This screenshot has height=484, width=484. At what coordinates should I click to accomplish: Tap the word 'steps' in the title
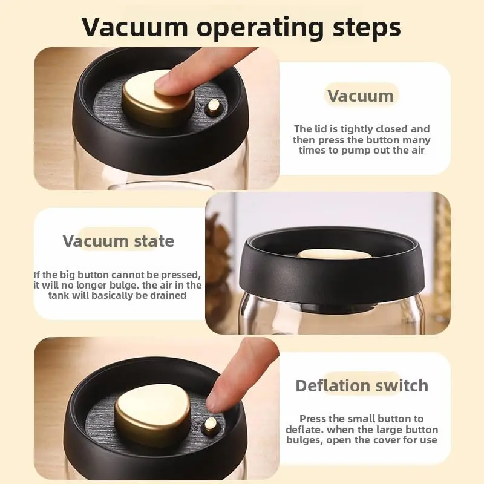(367, 28)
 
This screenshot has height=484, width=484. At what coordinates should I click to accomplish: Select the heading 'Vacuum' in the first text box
(361, 96)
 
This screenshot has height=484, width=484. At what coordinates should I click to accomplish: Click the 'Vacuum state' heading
(118, 241)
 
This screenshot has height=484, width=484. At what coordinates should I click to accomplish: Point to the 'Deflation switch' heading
(362, 385)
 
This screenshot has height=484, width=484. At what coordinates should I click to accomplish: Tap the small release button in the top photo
(212, 106)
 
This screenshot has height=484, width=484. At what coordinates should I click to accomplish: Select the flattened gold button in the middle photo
(334, 254)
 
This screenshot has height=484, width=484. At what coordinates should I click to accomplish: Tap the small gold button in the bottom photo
(211, 424)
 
